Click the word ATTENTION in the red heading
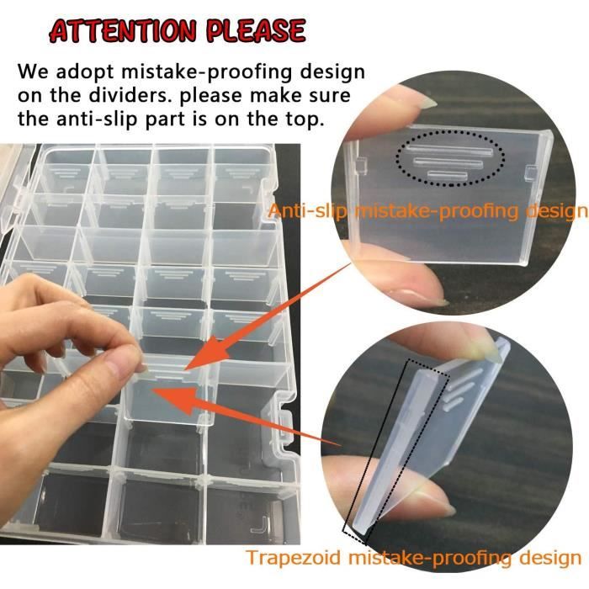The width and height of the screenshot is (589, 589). tap(123, 31)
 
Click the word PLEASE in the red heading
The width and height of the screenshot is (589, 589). tap(256, 30)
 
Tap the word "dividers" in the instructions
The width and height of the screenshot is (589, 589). tap(130, 95)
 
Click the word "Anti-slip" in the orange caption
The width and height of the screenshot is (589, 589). tap(308, 210)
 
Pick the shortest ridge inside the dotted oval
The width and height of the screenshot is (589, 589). tap(448, 175)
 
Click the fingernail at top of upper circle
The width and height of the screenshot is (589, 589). tap(424, 102)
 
